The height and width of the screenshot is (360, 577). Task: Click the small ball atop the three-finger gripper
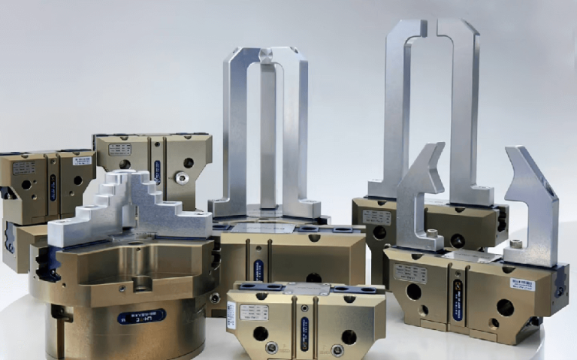[x=264, y=55]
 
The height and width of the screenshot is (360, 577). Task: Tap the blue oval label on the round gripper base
[x=141, y=316]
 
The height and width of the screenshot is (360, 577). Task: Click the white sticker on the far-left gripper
[x=81, y=160]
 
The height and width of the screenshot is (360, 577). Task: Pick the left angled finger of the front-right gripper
[x=418, y=195]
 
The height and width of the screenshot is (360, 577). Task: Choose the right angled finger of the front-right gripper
[x=532, y=203]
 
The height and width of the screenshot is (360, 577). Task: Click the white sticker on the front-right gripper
[x=522, y=283]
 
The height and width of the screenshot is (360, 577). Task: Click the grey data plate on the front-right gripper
[x=410, y=274]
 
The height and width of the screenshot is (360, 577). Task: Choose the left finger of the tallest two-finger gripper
[x=399, y=113]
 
